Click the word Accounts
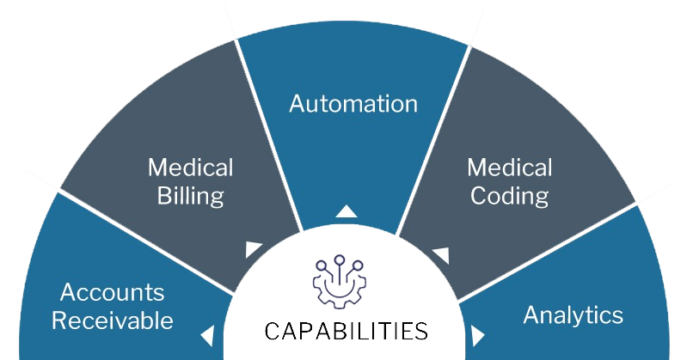(x=112, y=293)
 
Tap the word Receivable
(x=112, y=320)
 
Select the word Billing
(x=190, y=195)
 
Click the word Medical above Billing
(x=190, y=167)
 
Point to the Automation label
(x=353, y=104)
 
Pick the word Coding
(x=509, y=195)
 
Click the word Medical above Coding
(x=509, y=167)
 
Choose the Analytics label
(x=573, y=314)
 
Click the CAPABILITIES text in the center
(x=346, y=331)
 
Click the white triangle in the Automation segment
(x=346, y=211)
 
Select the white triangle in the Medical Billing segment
(x=253, y=249)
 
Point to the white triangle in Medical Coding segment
(x=440, y=254)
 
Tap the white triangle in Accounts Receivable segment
(x=206, y=334)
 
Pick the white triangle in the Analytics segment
(x=478, y=334)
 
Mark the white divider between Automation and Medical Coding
(x=435, y=137)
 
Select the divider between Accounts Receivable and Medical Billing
(x=146, y=241)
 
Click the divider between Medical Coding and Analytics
(x=550, y=249)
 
